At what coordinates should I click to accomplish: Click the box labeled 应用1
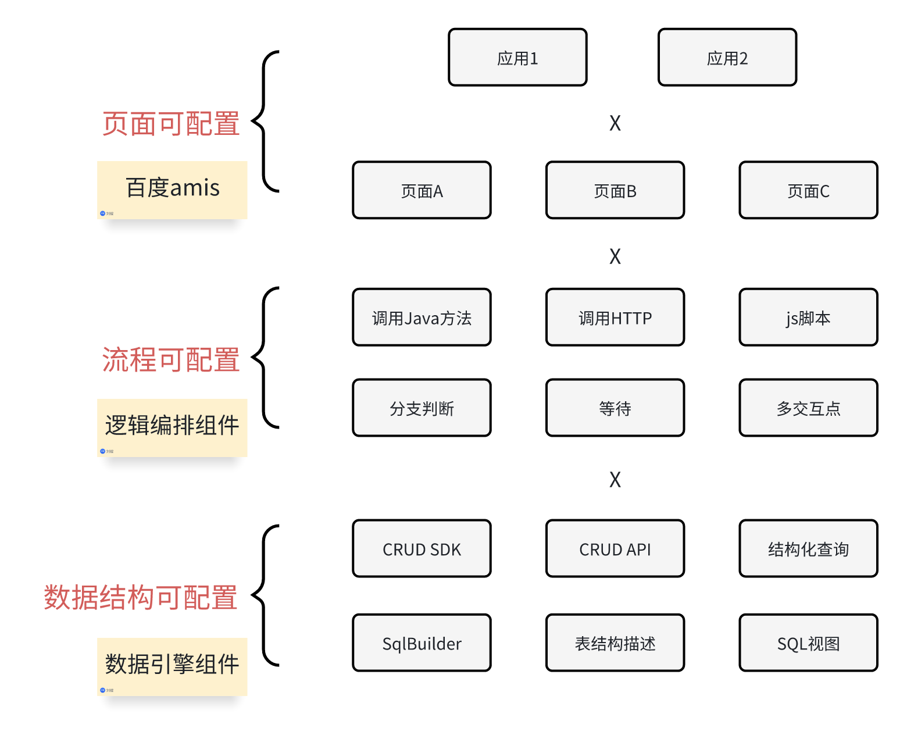pos(517,58)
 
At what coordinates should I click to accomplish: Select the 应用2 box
pos(727,58)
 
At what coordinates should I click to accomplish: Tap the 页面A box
pos(422,190)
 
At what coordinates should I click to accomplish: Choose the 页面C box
pos(808,190)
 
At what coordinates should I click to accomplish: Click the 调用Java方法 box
pos(422,318)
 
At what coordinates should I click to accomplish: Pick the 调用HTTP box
pos(615,318)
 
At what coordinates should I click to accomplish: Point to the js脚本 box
pos(808,318)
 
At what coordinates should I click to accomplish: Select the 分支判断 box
pos(422,408)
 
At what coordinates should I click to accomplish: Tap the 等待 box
pos(615,408)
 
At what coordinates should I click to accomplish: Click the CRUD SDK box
pos(422,549)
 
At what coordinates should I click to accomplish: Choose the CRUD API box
pos(615,549)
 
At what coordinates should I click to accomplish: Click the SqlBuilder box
pos(422,643)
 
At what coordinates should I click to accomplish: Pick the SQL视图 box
pos(808,643)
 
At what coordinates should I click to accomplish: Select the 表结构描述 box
pos(615,643)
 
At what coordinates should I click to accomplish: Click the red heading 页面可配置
pos(171,124)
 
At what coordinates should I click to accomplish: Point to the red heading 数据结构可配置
pos(141,598)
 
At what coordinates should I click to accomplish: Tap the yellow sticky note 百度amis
pos(172,189)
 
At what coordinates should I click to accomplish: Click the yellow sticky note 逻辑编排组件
pos(172,426)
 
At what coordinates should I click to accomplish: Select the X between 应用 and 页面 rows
pos(615,123)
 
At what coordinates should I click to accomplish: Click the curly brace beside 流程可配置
pos(265,358)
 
